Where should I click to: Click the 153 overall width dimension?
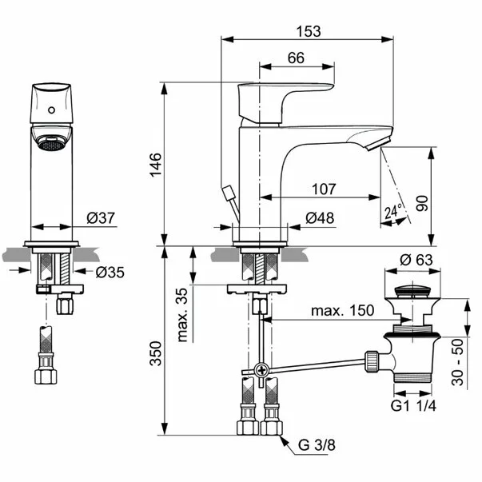308,31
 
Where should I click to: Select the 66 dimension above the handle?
295,58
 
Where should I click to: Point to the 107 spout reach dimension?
323,189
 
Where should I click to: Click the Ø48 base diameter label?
321,218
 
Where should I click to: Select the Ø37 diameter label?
102,218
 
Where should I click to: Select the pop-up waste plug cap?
416,287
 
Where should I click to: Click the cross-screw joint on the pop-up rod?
261,371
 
